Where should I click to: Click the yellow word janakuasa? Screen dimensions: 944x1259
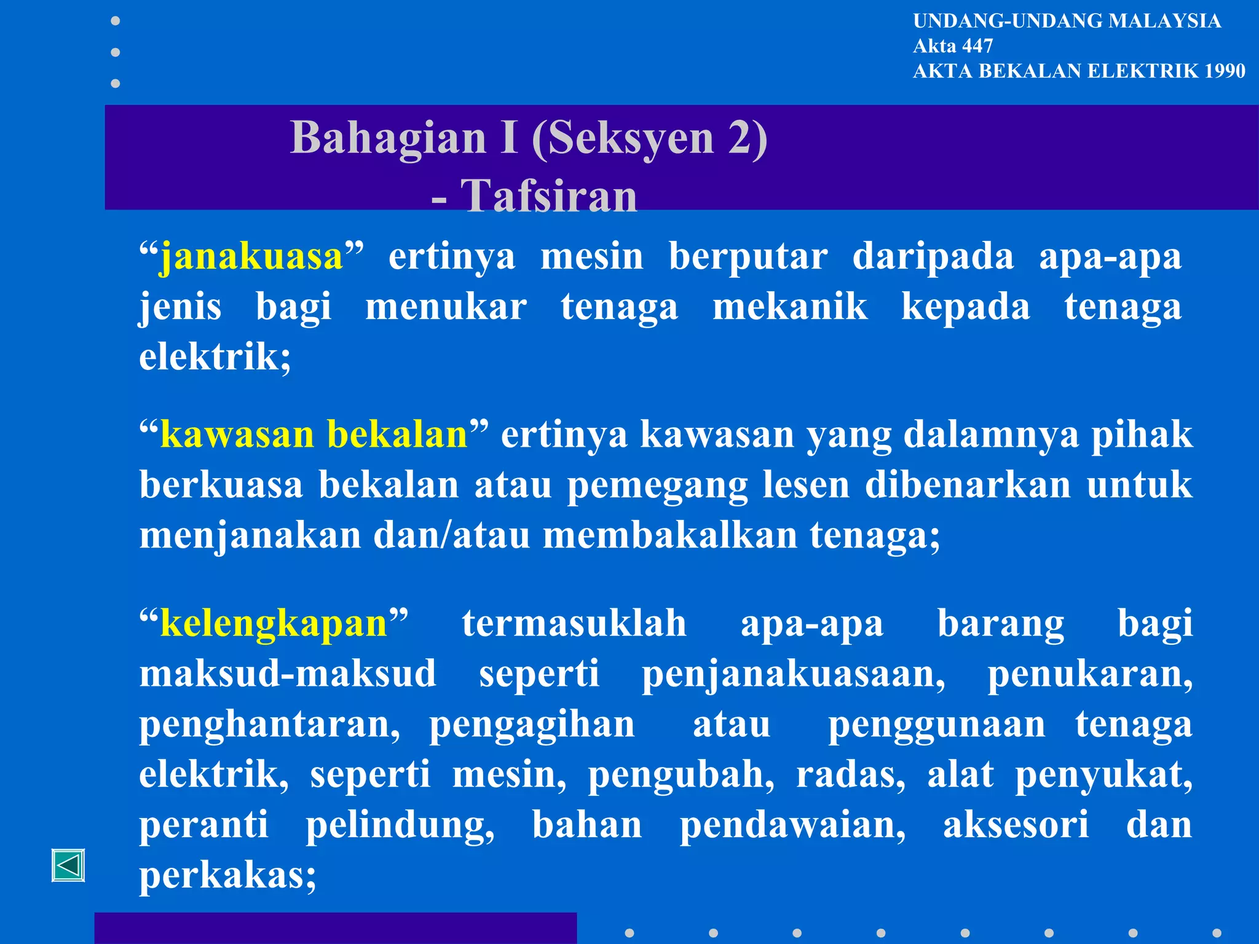(x=251, y=257)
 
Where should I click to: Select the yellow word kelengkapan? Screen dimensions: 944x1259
(x=274, y=624)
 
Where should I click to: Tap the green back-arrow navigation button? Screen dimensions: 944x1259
(x=68, y=865)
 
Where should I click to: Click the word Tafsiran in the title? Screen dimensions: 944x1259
(x=549, y=196)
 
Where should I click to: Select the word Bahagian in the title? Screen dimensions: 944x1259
(x=389, y=137)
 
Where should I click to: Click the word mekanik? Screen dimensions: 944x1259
(x=790, y=307)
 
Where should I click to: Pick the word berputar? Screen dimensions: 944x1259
(x=748, y=256)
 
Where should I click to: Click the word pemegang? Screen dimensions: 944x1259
(x=657, y=485)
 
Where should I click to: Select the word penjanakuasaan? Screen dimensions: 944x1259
(x=793, y=674)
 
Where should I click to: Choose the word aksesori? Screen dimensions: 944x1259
(x=1016, y=825)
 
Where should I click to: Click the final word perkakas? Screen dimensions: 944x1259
(x=227, y=875)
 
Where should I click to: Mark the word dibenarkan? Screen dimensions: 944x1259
(x=968, y=485)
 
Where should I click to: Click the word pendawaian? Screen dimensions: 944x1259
(x=792, y=825)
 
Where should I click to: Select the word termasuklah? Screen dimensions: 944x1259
(x=574, y=624)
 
